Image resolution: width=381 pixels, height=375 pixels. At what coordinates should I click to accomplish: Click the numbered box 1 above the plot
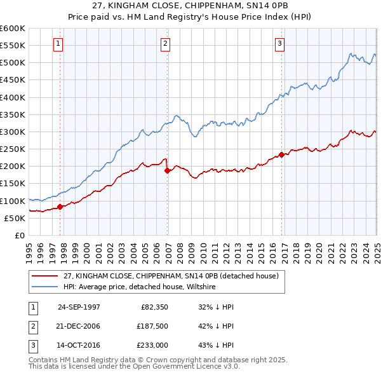tap(58, 44)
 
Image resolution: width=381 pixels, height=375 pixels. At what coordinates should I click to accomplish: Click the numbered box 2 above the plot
tap(165, 44)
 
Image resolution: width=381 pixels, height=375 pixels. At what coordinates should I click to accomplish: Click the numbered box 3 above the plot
tap(279, 44)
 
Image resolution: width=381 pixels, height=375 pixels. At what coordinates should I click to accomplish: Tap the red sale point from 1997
tap(60, 207)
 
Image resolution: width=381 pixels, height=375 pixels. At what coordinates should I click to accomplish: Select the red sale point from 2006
tap(168, 170)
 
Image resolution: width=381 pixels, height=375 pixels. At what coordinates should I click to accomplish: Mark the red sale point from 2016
tap(281, 154)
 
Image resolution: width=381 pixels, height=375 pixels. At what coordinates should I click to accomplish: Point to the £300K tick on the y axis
tap(13, 132)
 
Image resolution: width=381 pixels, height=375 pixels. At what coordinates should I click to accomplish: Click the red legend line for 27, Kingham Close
tap(45, 276)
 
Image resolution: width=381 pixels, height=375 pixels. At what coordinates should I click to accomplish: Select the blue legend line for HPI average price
tap(45, 287)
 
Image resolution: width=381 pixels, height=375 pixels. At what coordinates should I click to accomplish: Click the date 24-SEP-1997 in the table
tap(79, 306)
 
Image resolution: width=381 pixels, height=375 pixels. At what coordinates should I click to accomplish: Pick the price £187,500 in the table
tap(150, 326)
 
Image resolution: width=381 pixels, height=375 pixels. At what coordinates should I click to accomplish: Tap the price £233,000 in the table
tap(150, 345)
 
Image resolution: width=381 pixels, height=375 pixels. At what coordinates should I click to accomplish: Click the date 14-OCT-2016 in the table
tap(79, 345)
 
